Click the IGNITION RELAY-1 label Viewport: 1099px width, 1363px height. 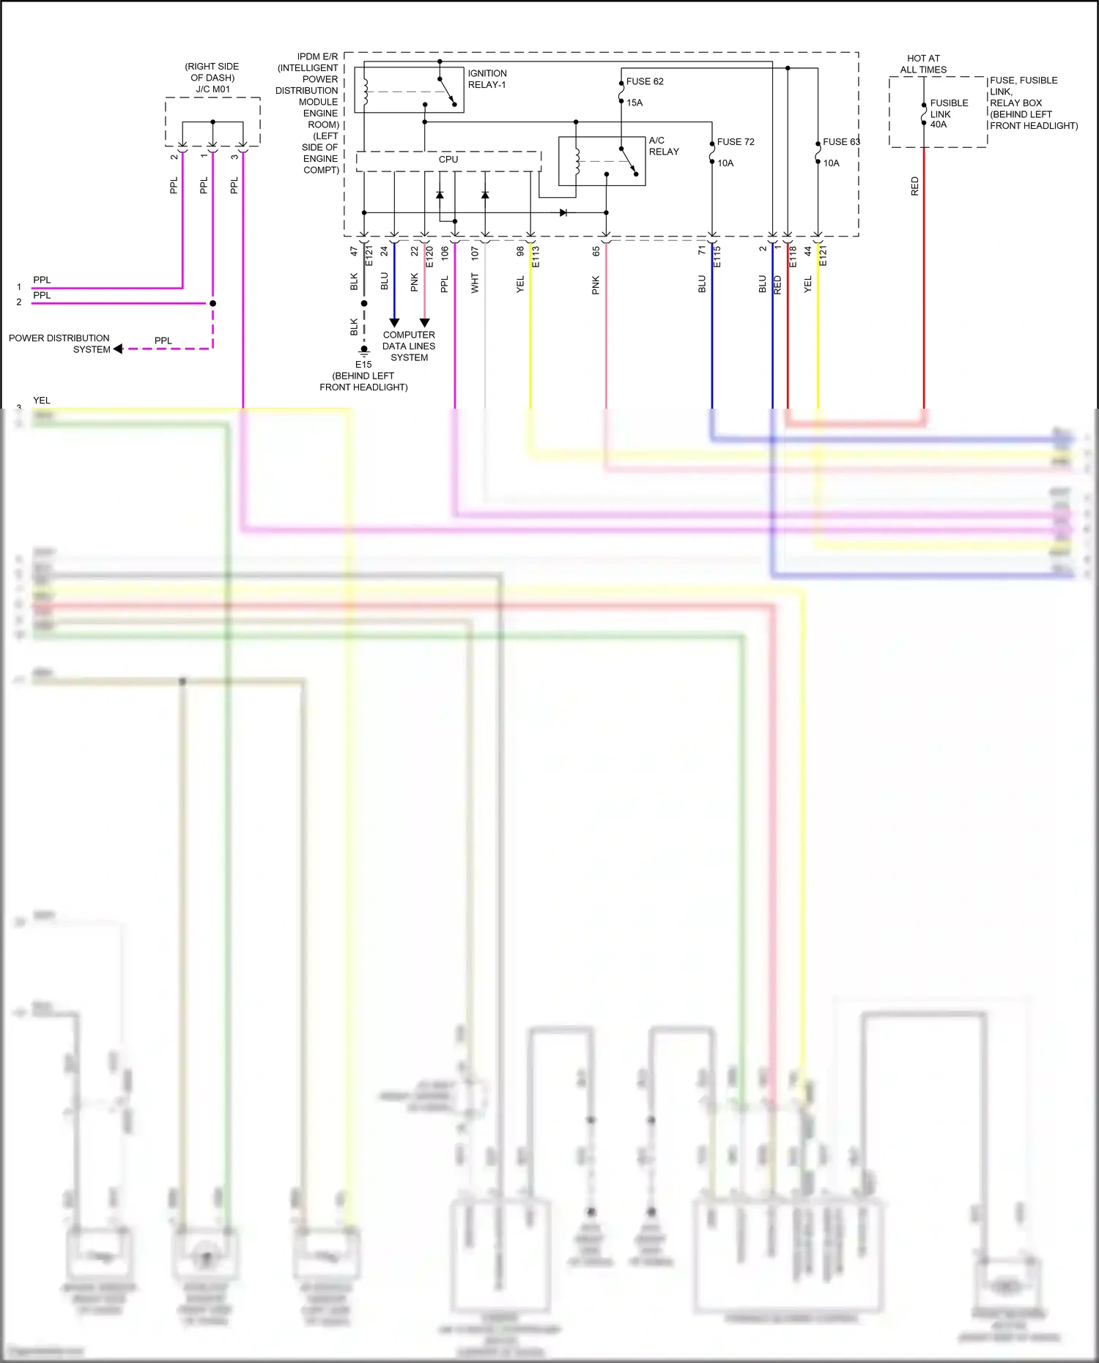pos(487,79)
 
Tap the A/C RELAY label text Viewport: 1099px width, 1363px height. pos(663,146)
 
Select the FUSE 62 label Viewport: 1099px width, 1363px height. pos(645,81)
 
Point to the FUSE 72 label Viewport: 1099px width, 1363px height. pos(736,142)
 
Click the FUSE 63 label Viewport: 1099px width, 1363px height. pos(840,142)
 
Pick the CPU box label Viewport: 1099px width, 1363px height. pos(448,160)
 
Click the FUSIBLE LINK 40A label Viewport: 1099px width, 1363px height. pos(948,114)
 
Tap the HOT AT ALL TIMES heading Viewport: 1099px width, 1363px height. pos(923,64)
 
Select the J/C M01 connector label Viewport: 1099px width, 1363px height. pos(212,89)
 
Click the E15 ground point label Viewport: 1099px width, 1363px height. pos(363,364)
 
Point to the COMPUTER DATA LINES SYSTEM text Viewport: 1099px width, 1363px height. pos(409,346)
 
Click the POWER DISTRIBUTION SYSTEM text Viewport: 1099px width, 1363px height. pos(59,343)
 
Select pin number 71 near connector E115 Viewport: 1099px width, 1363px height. pos(701,250)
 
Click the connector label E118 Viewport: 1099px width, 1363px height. pos(793,256)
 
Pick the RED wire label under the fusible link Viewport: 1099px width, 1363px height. pos(914,186)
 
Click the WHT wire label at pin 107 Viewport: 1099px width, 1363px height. pos(475,283)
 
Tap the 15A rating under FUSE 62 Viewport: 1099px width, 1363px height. pos(634,103)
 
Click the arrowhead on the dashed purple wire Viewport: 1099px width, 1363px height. pos(118,349)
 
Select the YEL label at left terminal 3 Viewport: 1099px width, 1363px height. pos(42,401)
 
